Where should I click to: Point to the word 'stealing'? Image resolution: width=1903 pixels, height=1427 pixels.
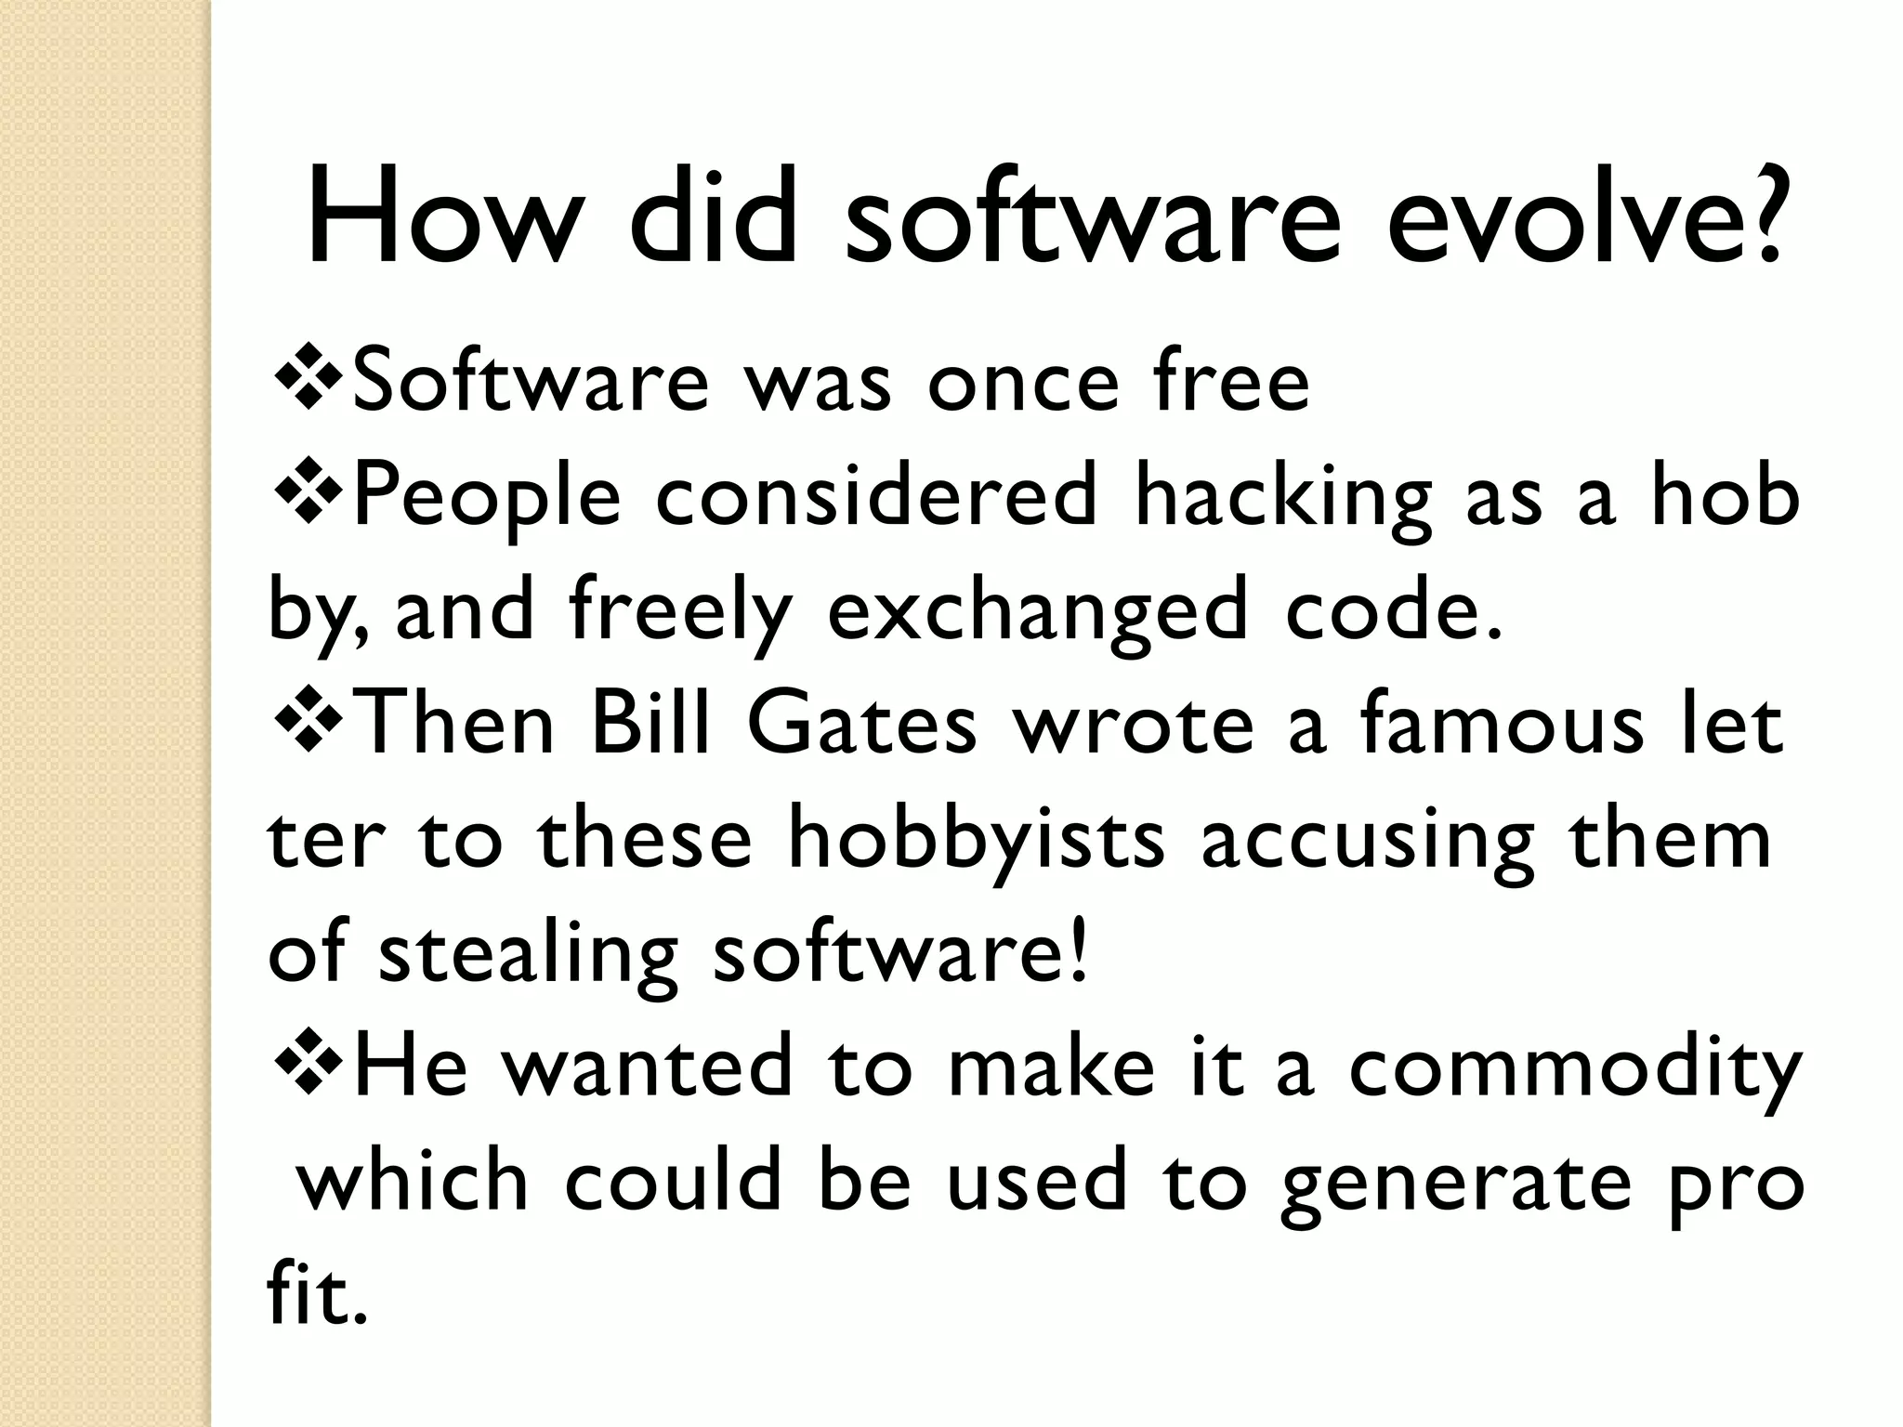point(529,957)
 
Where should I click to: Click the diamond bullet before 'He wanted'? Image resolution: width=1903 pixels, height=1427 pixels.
point(306,1067)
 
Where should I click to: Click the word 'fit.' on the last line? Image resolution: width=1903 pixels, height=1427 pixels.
point(311,1296)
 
